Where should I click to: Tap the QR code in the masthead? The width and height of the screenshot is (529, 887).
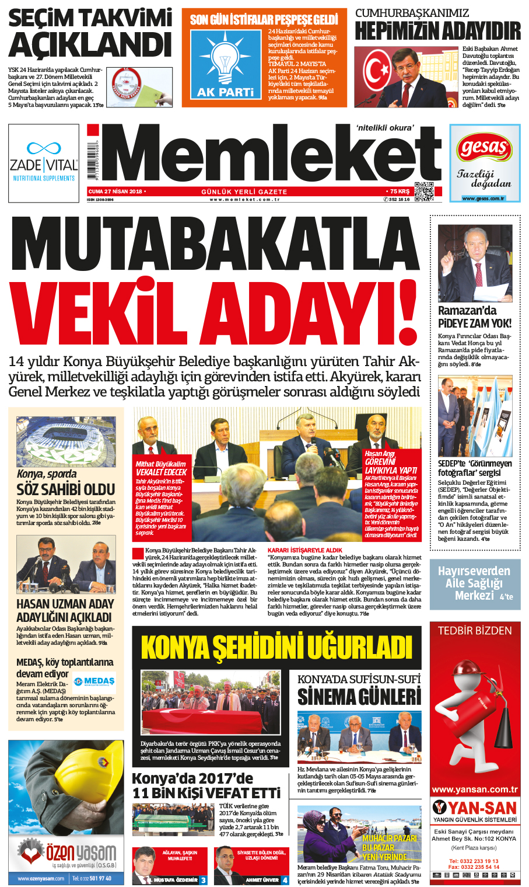(x=424, y=191)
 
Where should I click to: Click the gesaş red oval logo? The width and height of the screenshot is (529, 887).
(x=484, y=148)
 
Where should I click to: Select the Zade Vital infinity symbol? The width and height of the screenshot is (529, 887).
(x=44, y=148)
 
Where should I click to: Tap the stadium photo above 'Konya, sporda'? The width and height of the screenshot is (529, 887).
(x=66, y=441)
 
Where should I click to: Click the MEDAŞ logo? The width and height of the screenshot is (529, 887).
(x=95, y=681)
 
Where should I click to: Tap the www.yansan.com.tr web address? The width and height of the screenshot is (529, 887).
(x=475, y=789)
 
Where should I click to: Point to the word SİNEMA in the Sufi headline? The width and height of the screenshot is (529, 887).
(x=328, y=697)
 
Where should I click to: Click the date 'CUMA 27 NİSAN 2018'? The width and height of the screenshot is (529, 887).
(x=115, y=192)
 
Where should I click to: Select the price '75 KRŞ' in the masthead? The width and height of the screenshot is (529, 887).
(x=399, y=192)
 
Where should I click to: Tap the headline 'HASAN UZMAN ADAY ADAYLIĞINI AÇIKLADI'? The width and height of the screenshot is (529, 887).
(x=65, y=610)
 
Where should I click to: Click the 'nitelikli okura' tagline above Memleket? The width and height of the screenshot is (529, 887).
(x=385, y=128)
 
